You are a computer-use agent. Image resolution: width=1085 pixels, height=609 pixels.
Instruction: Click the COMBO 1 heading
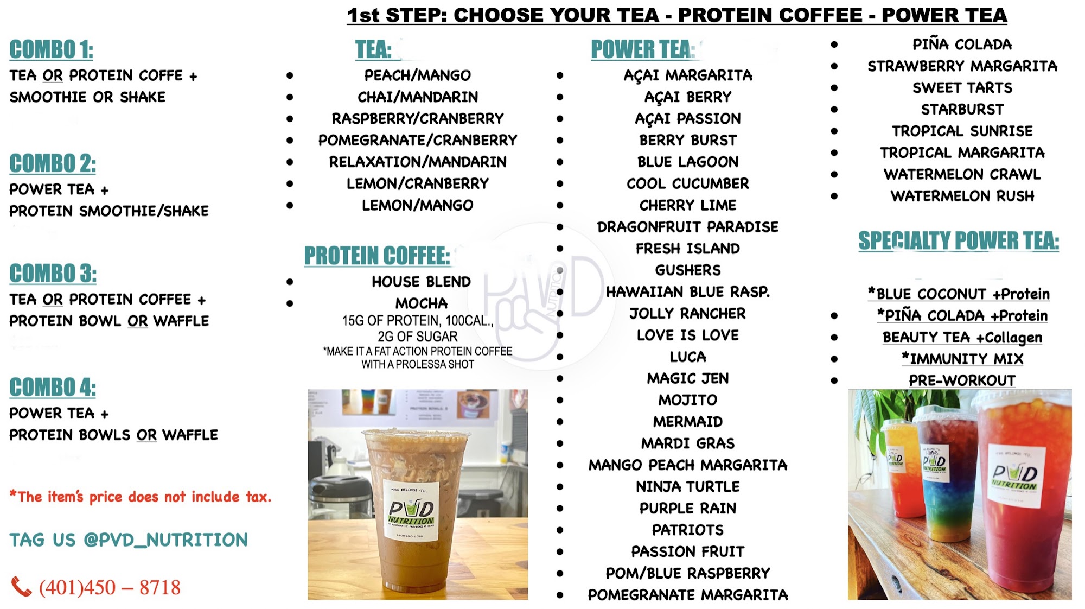tap(52, 49)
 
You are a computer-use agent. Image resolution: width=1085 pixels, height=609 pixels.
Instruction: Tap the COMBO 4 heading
tap(53, 388)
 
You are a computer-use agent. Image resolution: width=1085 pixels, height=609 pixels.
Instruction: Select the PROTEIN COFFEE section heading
tap(377, 256)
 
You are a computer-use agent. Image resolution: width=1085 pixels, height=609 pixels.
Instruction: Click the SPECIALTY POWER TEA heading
tap(959, 240)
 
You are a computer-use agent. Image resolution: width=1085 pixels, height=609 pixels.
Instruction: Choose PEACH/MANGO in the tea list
tap(418, 75)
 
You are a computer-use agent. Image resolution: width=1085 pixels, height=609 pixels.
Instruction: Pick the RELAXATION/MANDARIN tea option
tap(418, 162)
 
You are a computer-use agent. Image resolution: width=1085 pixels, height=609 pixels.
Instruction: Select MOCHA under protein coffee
tap(422, 303)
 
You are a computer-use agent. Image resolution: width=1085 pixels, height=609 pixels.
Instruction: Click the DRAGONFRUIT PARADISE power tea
tap(688, 227)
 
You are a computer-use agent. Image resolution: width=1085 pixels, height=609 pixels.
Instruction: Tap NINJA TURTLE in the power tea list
tap(688, 487)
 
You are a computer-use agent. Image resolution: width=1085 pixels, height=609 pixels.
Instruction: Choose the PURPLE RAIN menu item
tap(688, 509)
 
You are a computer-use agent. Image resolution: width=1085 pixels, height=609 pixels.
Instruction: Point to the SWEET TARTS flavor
tap(962, 88)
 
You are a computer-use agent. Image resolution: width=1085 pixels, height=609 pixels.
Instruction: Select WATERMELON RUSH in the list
tap(962, 196)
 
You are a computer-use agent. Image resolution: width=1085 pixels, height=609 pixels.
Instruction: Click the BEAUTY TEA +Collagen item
tap(962, 338)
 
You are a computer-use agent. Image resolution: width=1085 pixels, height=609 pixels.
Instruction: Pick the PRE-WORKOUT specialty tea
tap(962, 380)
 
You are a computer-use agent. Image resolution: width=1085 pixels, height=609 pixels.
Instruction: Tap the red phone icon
tap(21, 587)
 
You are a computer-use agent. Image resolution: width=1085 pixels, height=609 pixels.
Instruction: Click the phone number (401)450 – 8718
tap(110, 587)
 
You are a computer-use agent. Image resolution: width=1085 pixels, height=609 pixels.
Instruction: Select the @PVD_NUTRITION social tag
tap(165, 540)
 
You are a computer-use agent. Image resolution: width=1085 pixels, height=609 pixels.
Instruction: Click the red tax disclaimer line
tap(141, 497)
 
